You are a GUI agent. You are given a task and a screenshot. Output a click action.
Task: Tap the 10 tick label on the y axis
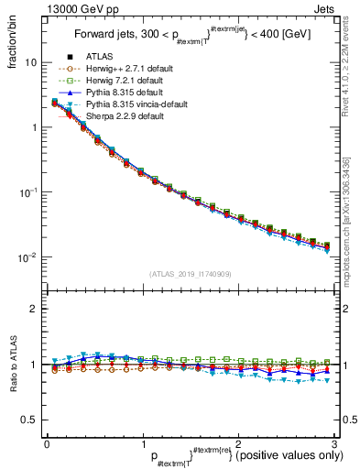pos(30,62)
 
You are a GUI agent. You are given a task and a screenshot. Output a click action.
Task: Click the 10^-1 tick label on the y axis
pos(27,192)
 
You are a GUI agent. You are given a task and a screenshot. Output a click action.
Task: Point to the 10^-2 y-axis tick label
pos(27,257)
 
